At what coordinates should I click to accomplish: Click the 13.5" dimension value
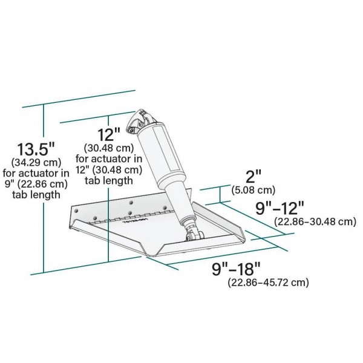click(36, 149)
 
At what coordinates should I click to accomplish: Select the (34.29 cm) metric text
click(36, 162)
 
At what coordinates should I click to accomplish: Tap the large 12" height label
click(109, 134)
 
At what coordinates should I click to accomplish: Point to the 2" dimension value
click(253, 177)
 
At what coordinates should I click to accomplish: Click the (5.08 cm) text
click(253, 190)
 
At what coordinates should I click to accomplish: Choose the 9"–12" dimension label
click(280, 208)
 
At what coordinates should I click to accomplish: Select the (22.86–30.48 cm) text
click(315, 221)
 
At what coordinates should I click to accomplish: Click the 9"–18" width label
click(236, 269)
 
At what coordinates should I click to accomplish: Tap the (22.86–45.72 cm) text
click(268, 283)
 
